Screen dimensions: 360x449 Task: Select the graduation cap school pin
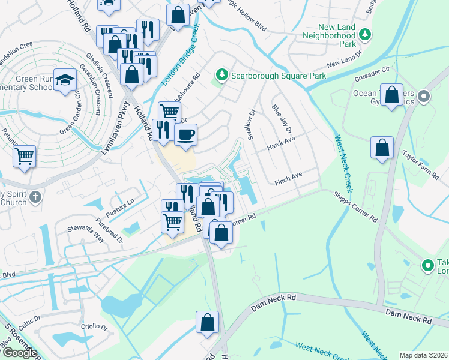(65, 80)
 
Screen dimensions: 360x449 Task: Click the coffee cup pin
(186, 134)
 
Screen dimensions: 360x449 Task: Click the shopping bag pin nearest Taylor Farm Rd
(382, 148)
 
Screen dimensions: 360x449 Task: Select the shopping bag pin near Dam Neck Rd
(207, 321)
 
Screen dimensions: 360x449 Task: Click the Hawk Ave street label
(282, 143)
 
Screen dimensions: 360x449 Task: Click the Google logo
(20, 352)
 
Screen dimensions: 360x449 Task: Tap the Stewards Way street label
(85, 234)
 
